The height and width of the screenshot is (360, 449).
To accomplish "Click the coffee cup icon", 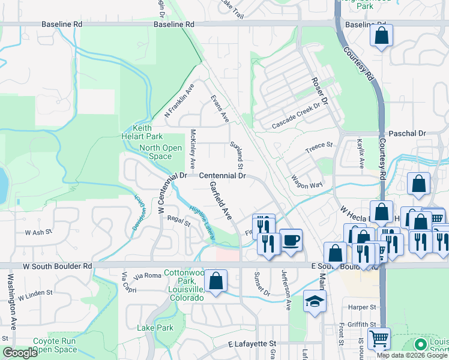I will (x=291, y=240).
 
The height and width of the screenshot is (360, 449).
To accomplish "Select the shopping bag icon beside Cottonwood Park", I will (x=215, y=281).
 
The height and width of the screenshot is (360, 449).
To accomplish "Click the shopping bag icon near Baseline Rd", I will (x=381, y=35).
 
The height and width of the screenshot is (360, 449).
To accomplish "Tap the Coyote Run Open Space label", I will (x=55, y=345).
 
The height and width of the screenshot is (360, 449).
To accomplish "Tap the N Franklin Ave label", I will (x=179, y=100).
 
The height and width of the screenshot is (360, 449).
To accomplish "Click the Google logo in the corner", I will (x=20, y=353).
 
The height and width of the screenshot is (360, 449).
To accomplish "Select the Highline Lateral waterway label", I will (x=201, y=224).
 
